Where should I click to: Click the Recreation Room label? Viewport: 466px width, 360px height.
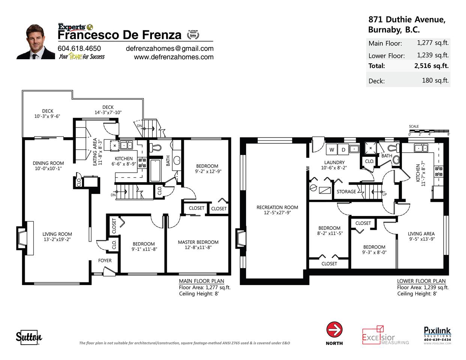coord(277,207)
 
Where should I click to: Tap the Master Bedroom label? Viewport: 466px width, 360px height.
coord(198,242)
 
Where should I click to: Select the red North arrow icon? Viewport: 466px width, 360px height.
coord(334,330)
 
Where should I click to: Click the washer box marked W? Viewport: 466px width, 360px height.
coord(332,150)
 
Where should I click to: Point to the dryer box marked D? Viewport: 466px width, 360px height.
coord(343,150)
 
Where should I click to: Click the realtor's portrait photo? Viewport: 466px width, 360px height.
coord(36,42)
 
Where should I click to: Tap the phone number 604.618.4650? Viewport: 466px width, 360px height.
coord(79,48)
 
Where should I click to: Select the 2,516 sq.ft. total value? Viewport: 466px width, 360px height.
coord(431,66)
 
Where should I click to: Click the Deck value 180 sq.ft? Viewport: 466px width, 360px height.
coord(435,80)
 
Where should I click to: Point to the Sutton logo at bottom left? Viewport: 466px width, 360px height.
coord(29,337)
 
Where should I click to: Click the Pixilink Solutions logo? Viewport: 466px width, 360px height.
coord(437,336)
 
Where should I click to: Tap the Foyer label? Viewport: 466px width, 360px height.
coord(105,261)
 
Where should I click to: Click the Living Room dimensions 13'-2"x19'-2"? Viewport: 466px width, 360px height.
coord(57,239)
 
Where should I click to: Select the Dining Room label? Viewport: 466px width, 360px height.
coord(48,163)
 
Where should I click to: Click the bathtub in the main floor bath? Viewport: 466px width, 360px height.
coord(155,171)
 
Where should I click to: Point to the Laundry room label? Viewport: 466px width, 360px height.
coord(334,163)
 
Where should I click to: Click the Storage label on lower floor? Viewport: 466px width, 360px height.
coord(346,192)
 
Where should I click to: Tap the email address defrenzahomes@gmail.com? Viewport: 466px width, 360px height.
coord(170,49)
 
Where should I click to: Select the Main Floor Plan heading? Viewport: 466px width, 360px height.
coord(201,281)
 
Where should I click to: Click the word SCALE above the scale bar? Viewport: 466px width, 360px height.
coord(414,126)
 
